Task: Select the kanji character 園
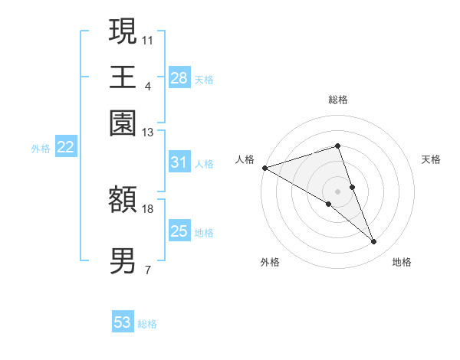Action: (123, 123)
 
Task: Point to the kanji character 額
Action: (123, 201)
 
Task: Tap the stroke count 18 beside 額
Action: (148, 208)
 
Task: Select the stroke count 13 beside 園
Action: (148, 133)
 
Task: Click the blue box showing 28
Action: (179, 78)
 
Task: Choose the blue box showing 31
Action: (179, 162)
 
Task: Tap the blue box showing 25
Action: (179, 231)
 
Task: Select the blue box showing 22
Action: (65, 148)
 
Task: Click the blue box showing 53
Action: (123, 322)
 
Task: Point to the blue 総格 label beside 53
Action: (148, 324)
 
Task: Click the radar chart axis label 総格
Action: (337, 100)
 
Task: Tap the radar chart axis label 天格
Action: (431, 159)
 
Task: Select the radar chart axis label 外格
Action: (270, 262)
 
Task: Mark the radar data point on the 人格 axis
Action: (264, 167)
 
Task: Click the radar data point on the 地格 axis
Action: (374, 242)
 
